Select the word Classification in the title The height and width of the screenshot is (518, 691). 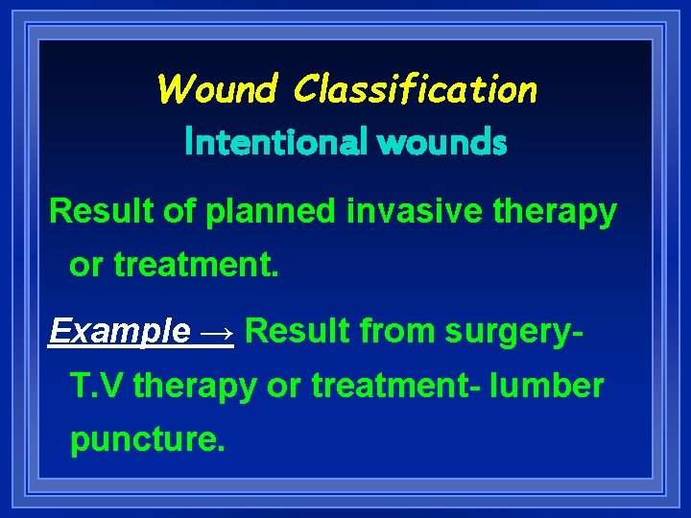416,89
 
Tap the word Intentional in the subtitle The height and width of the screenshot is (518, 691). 275,143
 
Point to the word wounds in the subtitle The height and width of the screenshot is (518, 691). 441,143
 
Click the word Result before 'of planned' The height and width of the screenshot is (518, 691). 101,211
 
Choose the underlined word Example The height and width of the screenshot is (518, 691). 119,332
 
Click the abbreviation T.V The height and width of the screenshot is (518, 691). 98,386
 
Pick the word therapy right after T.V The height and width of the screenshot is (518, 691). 196,388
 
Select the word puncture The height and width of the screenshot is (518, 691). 147,439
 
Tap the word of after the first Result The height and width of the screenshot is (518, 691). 179,211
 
